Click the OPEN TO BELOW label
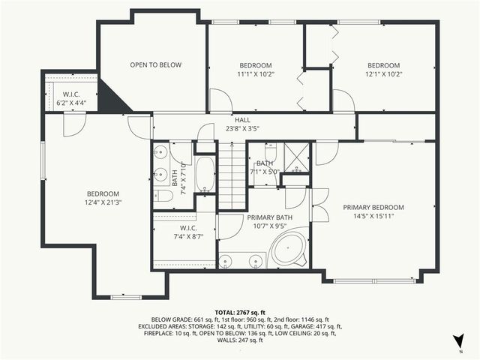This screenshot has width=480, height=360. coord(155,65)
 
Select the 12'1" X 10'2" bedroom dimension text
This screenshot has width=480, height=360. coord(383,74)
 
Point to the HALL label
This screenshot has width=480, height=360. coord(242,120)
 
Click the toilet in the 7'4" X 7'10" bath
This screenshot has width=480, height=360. coord(164,196)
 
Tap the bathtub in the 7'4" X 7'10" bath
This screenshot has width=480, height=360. coord(205,174)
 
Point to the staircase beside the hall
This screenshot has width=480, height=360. coord(232,176)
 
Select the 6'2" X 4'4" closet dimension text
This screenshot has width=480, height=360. coord(71,102)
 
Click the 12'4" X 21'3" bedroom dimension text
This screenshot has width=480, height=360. coord(103,202)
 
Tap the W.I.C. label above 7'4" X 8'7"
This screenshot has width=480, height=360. coord(188,228)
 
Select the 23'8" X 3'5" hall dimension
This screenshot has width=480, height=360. coord(242,128)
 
